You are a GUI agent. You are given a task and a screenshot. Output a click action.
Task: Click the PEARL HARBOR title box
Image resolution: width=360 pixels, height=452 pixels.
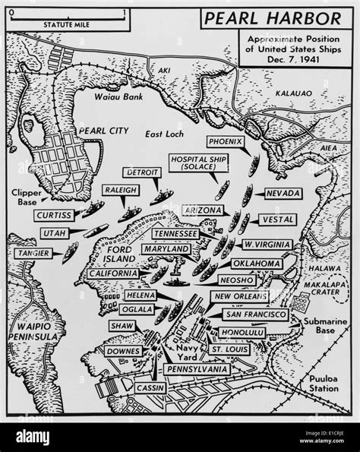pyautogui.click(x=286, y=17)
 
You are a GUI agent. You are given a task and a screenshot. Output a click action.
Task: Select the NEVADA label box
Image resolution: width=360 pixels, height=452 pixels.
pyautogui.click(x=283, y=194)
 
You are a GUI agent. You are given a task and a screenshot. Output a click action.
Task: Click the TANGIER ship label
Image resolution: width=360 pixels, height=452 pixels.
pyautogui.click(x=32, y=251)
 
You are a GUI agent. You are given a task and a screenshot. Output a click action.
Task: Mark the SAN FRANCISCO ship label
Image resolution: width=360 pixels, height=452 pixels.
pyautogui.click(x=255, y=314)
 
